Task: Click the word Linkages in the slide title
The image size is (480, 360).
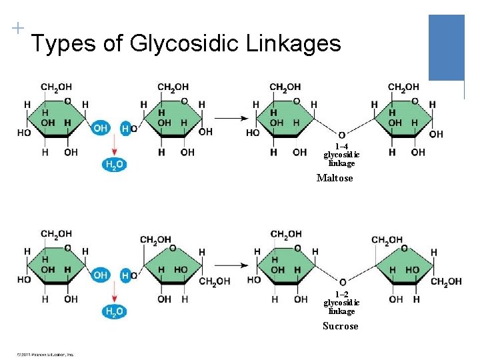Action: click(293, 44)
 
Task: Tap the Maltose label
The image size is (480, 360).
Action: click(335, 178)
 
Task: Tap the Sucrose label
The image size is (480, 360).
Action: click(340, 326)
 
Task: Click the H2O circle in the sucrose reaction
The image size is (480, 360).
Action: click(113, 312)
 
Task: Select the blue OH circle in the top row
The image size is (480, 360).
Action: click(100, 128)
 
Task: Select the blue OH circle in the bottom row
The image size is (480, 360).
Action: click(100, 275)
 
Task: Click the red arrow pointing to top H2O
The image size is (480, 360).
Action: click(113, 145)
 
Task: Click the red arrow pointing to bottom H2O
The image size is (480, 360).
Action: click(113, 292)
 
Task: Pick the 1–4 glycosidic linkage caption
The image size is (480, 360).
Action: click(341, 155)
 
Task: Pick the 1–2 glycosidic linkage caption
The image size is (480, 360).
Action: click(341, 303)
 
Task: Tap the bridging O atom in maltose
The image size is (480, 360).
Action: click(342, 135)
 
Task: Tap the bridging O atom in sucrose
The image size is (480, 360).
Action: click(342, 282)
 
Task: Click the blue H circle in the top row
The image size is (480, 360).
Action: click(125, 128)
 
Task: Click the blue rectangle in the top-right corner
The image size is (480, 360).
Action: click(446, 47)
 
